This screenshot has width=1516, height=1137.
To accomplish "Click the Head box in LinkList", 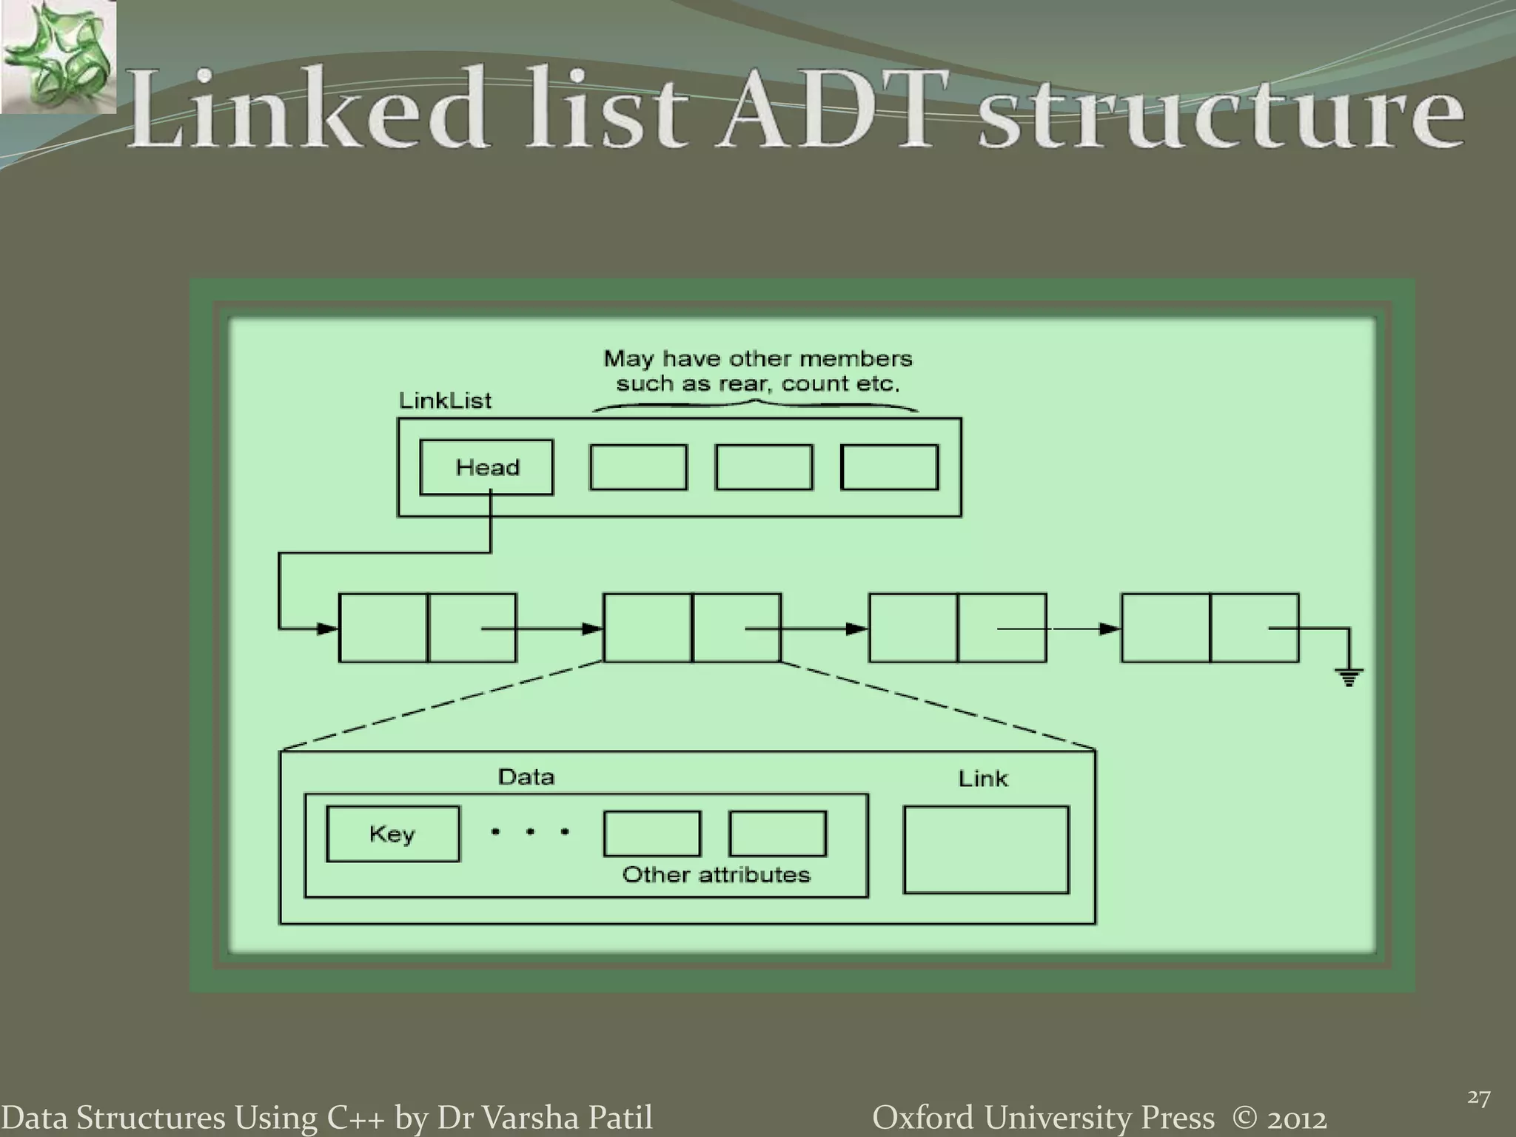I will point(486,467).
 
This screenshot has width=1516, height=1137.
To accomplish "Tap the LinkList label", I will point(445,401).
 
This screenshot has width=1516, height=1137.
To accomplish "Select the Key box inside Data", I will point(392,834).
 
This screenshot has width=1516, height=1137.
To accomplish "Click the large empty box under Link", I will point(986,850).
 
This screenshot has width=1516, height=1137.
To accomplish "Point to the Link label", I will point(982,779).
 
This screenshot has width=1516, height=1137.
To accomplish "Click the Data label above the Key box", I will point(526,777).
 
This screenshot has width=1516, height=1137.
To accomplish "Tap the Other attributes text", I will point(716,875).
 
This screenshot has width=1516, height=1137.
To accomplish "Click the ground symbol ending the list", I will point(1349,677).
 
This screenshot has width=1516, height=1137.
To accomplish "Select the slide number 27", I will point(1478,1097).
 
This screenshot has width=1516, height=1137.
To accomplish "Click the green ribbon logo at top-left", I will point(58,58).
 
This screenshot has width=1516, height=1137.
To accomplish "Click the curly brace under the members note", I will point(755,405).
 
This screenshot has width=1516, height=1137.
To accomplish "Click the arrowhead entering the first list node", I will point(327,629).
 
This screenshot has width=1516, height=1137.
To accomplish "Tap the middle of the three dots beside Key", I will point(530,832).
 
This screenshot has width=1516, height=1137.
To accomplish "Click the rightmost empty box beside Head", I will point(890,467).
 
